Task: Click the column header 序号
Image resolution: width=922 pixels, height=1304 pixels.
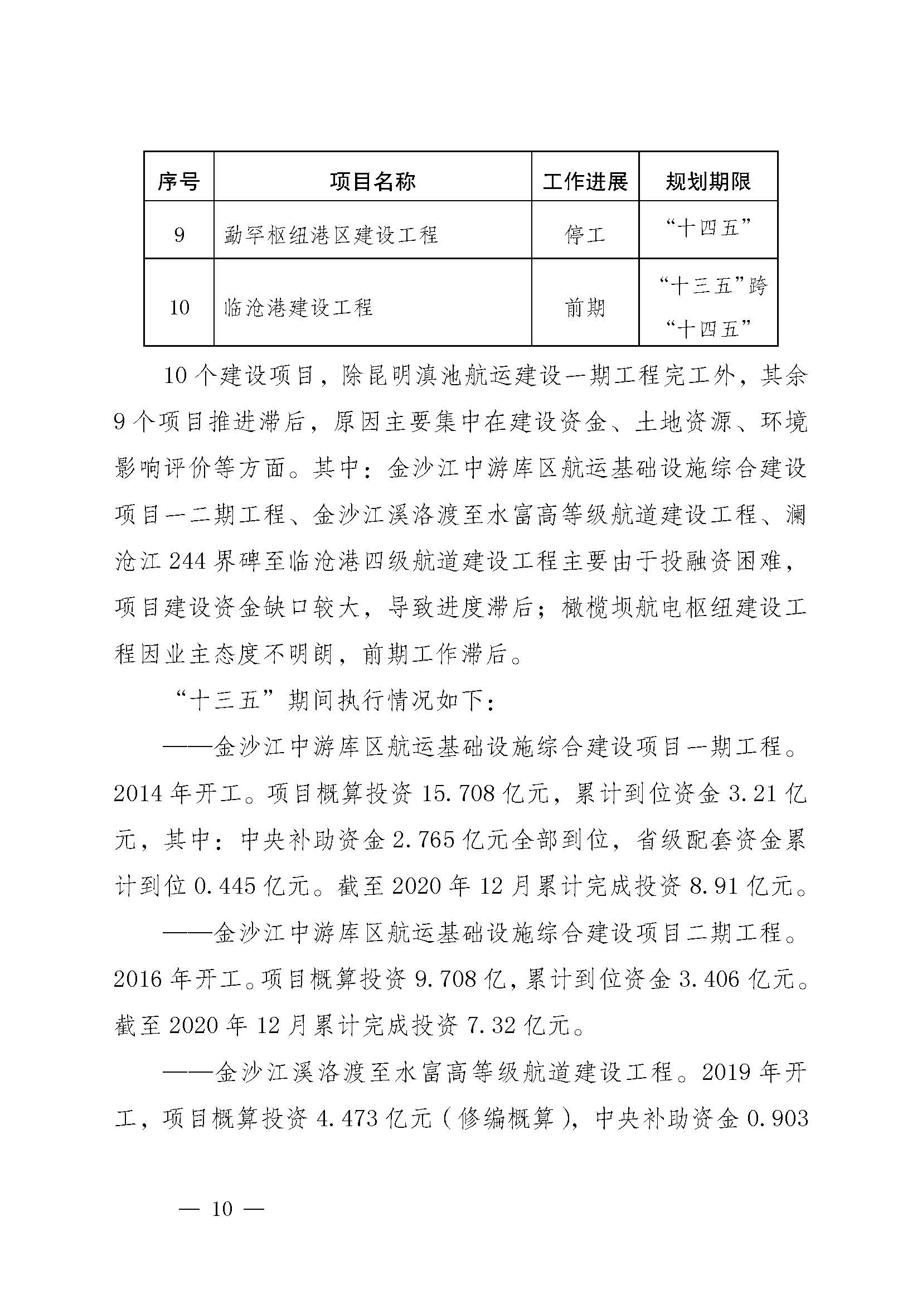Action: coord(179,182)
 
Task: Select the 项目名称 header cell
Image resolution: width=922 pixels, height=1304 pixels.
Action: coord(372,182)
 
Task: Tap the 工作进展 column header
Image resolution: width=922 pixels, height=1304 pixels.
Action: coord(585,182)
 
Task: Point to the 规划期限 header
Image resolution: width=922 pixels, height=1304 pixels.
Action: coord(708,182)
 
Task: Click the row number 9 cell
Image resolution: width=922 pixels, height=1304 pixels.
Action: coord(179,234)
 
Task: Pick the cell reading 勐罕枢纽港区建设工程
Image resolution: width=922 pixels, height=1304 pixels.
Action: coord(331,235)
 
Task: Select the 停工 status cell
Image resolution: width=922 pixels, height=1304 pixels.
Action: coord(585,234)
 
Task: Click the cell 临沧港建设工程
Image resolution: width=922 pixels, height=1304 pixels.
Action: coord(299,308)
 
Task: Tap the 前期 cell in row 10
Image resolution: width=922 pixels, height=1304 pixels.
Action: coord(585,308)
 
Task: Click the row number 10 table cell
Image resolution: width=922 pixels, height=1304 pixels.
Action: coord(179,308)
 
